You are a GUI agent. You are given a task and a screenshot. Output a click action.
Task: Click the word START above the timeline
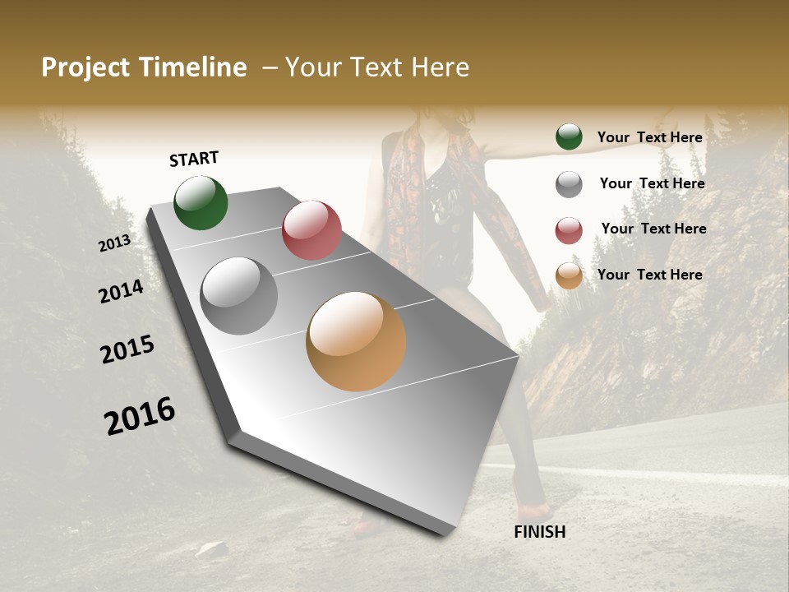pos(194,159)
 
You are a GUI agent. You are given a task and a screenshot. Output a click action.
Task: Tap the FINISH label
pos(540,532)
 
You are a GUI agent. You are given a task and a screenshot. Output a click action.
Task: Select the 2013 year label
pos(114,243)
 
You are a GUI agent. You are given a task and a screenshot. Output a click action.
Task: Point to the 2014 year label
pos(121,291)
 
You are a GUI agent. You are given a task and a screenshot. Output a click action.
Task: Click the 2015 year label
pos(127,349)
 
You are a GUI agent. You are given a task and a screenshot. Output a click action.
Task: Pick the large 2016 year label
pos(140,416)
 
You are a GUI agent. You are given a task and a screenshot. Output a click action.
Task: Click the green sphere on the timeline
pos(201,202)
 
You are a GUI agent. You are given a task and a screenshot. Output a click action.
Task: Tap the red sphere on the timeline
pos(311,229)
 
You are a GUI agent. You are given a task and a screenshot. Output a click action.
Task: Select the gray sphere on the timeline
pos(238,295)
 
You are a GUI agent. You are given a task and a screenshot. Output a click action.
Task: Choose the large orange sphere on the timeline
pos(356,341)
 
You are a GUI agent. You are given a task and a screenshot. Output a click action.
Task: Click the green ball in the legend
pos(569,137)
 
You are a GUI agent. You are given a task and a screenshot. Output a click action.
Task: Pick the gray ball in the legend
pos(569,184)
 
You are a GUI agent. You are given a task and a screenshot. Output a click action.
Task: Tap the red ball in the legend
pos(569,230)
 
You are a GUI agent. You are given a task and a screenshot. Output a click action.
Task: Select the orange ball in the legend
pos(569,276)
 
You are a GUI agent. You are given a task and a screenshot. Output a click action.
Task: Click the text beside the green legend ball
pos(649,137)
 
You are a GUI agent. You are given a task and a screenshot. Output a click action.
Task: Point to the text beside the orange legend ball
pos(649,275)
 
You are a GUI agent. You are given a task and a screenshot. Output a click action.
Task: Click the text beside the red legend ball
pos(653,229)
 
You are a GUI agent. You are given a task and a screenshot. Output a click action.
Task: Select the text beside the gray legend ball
pos(652,183)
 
